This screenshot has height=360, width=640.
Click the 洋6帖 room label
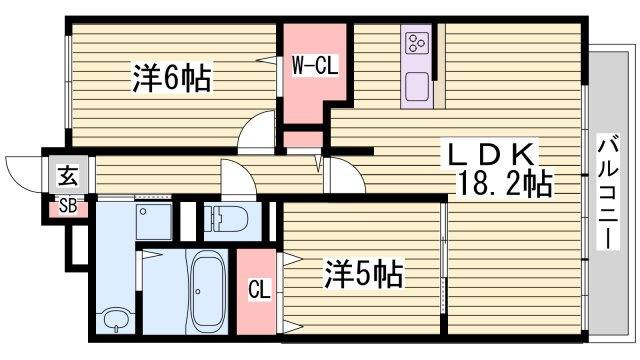click(172, 78)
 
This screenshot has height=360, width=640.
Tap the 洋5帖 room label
click(364, 273)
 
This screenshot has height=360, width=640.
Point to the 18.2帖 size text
click(506, 183)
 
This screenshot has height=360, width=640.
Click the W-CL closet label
click(315, 65)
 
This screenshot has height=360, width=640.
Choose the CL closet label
click(260, 289)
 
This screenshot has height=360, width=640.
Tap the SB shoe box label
click(68, 206)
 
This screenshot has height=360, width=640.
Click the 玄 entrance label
click(68, 176)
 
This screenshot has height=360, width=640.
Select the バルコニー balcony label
click(608, 192)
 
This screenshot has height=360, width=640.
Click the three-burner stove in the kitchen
click(416, 43)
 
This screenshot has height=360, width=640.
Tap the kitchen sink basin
click(417, 87)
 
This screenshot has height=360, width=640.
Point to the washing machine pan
click(154, 222)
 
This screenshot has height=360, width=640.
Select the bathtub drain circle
click(198, 291)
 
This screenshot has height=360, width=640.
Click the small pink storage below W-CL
click(303, 140)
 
